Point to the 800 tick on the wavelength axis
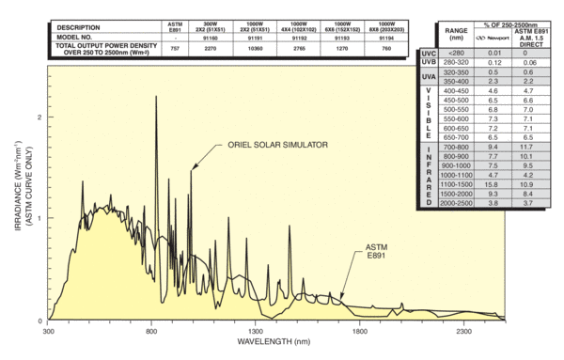tap(151, 332)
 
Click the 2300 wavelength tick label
tap(463, 332)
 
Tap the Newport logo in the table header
tap(489, 37)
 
